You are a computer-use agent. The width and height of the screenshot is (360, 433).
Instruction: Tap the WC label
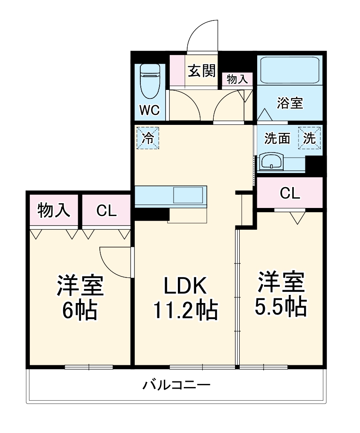click(x=150, y=110)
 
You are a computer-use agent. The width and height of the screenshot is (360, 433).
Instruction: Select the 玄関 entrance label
click(x=201, y=71)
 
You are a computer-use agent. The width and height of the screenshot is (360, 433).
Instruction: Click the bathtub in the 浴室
click(x=289, y=70)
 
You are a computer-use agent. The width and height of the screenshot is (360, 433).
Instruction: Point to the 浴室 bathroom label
click(x=290, y=103)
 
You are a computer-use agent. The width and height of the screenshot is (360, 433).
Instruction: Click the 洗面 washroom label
click(x=277, y=139)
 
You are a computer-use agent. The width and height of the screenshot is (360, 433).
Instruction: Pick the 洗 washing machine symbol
click(x=310, y=138)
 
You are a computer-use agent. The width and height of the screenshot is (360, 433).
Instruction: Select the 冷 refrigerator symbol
click(x=148, y=138)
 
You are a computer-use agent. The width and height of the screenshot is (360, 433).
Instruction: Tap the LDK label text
click(x=186, y=286)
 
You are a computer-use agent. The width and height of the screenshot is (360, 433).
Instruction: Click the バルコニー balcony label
click(x=176, y=386)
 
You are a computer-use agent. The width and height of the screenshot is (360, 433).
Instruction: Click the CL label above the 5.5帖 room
click(x=290, y=193)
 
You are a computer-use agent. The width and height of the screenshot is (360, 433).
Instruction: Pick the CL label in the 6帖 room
click(x=106, y=210)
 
